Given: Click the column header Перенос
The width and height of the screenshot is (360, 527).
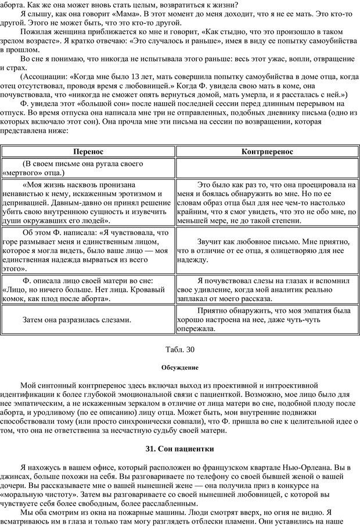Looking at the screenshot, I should [x=89, y=151].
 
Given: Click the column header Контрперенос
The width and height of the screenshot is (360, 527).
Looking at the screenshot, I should [x=267, y=151].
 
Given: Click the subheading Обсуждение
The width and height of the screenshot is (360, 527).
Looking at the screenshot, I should [x=180, y=367].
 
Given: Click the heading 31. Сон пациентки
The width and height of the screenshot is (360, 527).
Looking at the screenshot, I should [x=180, y=449].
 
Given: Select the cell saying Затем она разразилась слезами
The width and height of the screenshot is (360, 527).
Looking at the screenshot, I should [x=77, y=319].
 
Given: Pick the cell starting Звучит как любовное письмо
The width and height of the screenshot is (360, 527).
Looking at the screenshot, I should [x=267, y=250].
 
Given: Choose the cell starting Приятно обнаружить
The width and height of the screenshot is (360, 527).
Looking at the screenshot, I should [x=267, y=319].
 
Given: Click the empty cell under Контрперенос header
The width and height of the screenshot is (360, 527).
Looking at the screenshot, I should [x=267, y=168].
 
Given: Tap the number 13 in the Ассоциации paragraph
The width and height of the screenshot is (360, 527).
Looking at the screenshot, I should [x=146, y=77].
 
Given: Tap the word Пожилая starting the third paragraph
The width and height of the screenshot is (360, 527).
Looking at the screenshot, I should [x=37, y=34].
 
